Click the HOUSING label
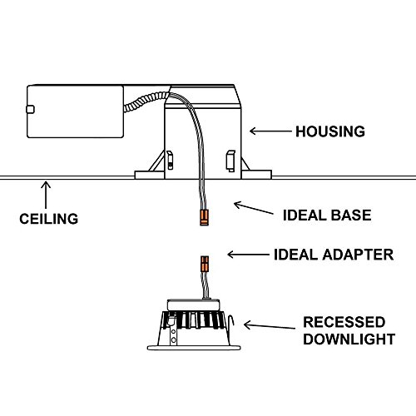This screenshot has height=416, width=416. [x=330, y=131]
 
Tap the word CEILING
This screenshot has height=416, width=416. [x=49, y=219]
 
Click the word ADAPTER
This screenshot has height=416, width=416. [x=358, y=255]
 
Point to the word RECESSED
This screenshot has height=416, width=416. [x=344, y=322]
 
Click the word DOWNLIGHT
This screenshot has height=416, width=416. [x=349, y=339]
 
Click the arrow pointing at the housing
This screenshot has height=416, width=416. [x=270, y=131]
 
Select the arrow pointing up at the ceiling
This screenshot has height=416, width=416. [x=46, y=195]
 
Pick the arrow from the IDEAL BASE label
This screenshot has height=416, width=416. [x=254, y=208]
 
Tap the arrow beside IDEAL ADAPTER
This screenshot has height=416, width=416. [x=248, y=255]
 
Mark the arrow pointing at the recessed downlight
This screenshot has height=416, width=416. [x=270, y=326]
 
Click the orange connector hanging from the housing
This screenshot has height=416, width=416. [x=204, y=218]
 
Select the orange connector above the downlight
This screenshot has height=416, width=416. [x=205, y=264]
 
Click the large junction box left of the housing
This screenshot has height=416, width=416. [x=75, y=111]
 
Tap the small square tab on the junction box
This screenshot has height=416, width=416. [x=30, y=109]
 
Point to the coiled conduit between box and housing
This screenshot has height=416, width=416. [x=146, y=102]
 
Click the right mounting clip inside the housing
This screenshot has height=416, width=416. [x=230, y=161]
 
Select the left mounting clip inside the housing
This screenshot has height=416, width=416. [x=170, y=160]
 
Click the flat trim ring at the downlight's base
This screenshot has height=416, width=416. [x=194, y=348]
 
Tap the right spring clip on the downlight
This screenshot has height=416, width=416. [x=230, y=322]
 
